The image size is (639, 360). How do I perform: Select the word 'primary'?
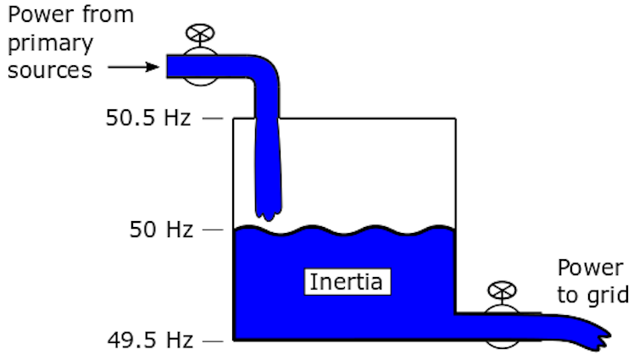(x=49, y=43)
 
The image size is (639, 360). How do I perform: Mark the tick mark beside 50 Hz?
(x=213, y=230)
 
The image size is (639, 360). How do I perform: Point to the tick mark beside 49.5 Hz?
(x=213, y=342)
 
